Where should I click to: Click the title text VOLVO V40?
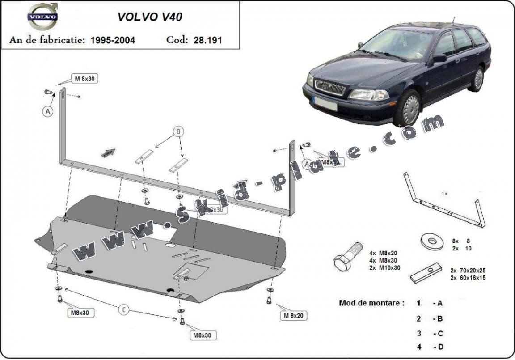click(149, 17)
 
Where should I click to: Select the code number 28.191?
click(208, 40)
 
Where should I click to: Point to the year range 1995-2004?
click(113, 40)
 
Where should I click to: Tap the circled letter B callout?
click(178, 131)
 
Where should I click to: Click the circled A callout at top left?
click(48, 111)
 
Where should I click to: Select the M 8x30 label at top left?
click(84, 79)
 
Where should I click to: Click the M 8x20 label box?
click(293, 316)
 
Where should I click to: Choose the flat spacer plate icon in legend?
click(426, 272)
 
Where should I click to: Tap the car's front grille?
click(330, 87)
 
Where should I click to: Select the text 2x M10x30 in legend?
click(385, 267)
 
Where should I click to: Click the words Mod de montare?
click(371, 303)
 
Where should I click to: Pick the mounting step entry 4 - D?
click(430, 347)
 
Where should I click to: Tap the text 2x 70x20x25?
click(468, 271)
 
